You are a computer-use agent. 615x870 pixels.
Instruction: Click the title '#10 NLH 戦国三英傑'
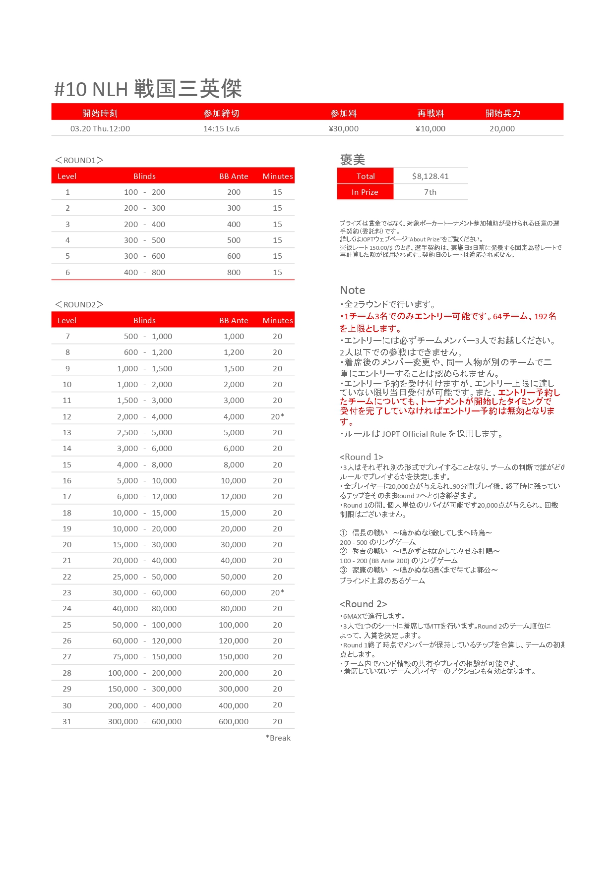click(x=148, y=89)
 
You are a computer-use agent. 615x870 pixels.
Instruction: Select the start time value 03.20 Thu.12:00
click(x=100, y=129)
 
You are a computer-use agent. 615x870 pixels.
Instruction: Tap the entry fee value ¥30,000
click(x=344, y=129)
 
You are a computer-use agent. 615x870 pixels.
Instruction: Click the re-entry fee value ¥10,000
click(x=430, y=129)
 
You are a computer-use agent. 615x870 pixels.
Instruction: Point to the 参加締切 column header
click(x=221, y=114)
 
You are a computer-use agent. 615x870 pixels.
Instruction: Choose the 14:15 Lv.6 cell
click(x=221, y=129)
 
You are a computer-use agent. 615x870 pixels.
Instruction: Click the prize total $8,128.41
click(x=430, y=176)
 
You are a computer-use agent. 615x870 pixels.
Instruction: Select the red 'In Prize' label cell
click(x=365, y=192)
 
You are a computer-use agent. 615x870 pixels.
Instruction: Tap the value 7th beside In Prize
click(x=430, y=192)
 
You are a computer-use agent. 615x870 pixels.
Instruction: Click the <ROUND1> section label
click(x=79, y=160)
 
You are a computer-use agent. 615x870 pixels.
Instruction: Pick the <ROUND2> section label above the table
click(x=79, y=304)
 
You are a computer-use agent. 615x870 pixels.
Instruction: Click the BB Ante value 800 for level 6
click(x=234, y=273)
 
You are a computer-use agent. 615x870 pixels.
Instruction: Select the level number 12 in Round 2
click(x=67, y=417)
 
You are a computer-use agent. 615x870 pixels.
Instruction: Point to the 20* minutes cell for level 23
click(x=278, y=593)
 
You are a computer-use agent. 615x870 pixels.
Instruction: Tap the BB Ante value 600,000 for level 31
click(x=234, y=722)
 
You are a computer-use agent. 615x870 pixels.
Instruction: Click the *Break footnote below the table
click(x=278, y=738)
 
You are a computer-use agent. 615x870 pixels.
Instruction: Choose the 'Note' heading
click(x=353, y=290)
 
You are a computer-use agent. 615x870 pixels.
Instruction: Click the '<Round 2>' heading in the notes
click(x=363, y=604)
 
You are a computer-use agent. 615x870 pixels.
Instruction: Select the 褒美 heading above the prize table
click(x=353, y=160)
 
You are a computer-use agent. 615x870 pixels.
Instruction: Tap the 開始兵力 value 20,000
click(x=502, y=129)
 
